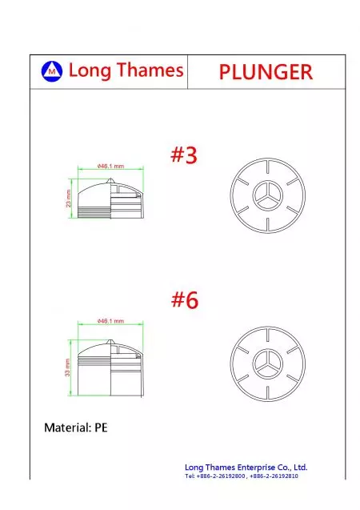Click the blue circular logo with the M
click(x=52, y=71)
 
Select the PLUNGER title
click(x=266, y=72)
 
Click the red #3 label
click(x=184, y=155)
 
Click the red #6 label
click(x=185, y=299)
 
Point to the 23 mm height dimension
click(x=69, y=198)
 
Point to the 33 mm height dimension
click(x=67, y=367)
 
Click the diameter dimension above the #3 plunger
click(x=110, y=167)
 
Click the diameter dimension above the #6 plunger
click(x=110, y=321)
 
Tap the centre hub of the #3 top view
click(x=268, y=195)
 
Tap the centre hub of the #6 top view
click(x=268, y=364)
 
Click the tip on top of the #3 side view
click(x=110, y=179)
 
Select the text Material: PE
click(x=76, y=428)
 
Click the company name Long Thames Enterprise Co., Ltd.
click(x=246, y=468)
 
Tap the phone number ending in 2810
click(x=274, y=476)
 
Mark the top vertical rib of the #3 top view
click(x=268, y=166)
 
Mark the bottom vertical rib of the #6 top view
click(x=268, y=393)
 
